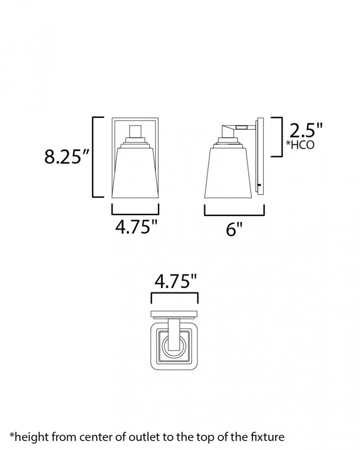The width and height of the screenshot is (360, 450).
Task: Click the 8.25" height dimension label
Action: coord(67,157)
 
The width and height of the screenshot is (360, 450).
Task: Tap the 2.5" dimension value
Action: coord(306,130)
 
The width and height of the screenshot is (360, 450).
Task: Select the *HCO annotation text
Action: coord(300,145)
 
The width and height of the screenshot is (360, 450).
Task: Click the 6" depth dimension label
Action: coord(234,229)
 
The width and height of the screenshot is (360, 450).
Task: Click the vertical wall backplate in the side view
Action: coord(261,157)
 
